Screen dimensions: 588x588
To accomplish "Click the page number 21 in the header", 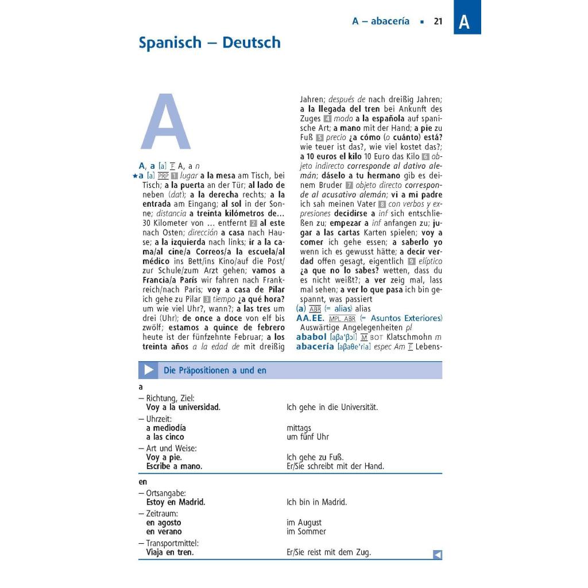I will pyautogui.click(x=438, y=21).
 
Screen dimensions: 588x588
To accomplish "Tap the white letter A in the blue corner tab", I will pyautogui.click(x=464, y=22).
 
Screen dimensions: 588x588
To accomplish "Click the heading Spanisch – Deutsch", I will pyautogui.click(x=210, y=42).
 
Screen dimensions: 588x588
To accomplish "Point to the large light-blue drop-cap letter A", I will pyautogui.click(x=165, y=123).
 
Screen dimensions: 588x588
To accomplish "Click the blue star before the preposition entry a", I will pyautogui.click(x=134, y=175).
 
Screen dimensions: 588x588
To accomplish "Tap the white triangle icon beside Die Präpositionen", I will pyautogui.click(x=149, y=370).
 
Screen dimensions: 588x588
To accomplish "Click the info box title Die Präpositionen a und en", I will pyautogui.click(x=215, y=370).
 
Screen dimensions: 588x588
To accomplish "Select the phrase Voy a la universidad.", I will pyautogui.click(x=183, y=407).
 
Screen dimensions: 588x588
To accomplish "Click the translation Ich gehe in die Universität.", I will pyautogui.click(x=332, y=407).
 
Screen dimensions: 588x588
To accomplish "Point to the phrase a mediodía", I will pyautogui.click(x=166, y=428).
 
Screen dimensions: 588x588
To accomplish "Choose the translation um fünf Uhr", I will pyautogui.click(x=307, y=437).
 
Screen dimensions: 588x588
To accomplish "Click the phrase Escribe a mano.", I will pyautogui.click(x=174, y=466).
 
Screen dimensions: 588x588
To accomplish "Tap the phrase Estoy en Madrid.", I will pyautogui.click(x=175, y=502).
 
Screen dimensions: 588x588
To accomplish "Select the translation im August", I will pyautogui.click(x=304, y=523).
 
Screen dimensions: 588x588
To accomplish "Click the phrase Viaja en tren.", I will pyautogui.click(x=169, y=552).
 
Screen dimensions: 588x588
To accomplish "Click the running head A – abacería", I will pyautogui.click(x=381, y=21).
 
